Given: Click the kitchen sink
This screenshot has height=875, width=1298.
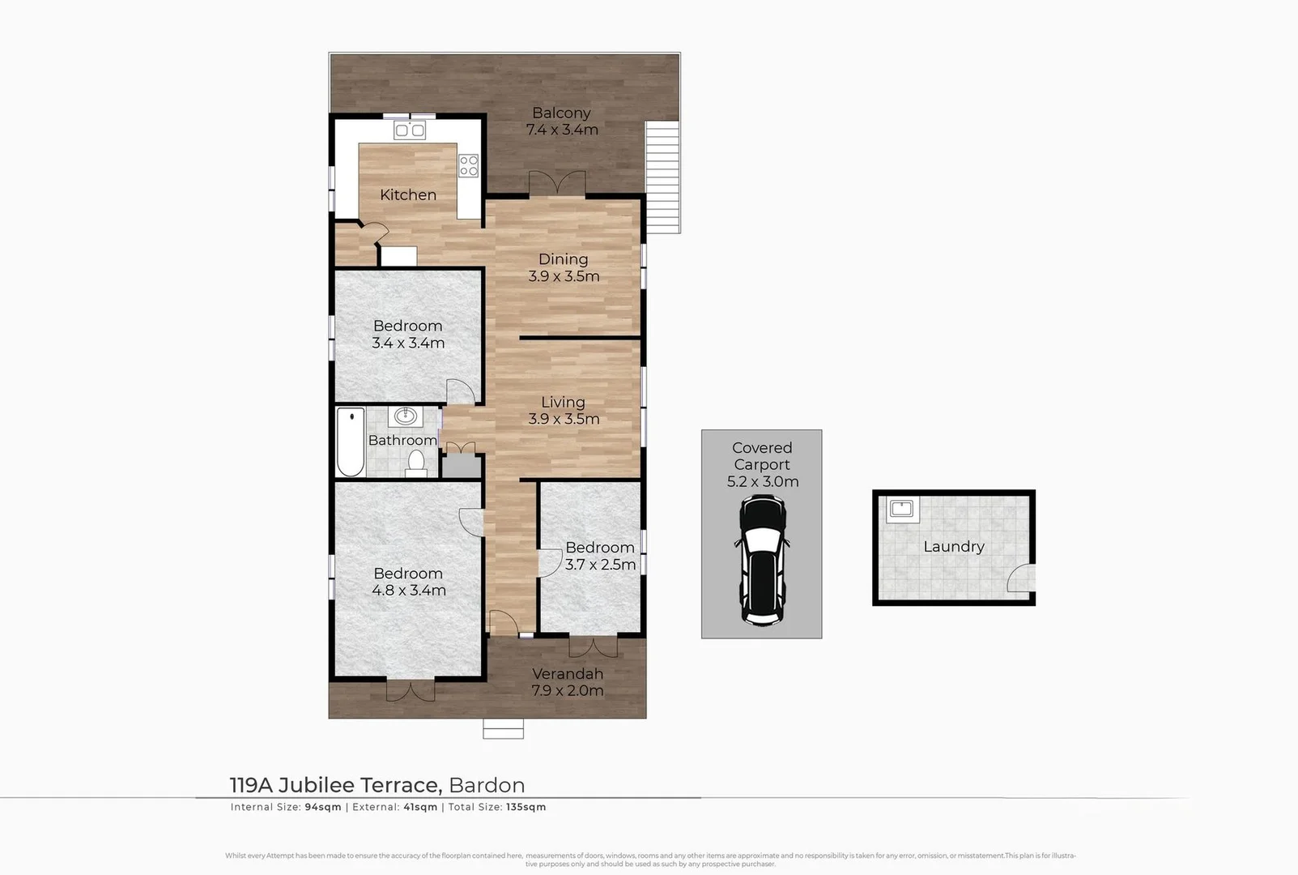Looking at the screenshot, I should click(x=409, y=130).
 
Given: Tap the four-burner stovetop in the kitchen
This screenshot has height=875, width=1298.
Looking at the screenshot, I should click(x=469, y=165).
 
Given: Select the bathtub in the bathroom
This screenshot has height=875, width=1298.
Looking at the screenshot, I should click(x=350, y=443).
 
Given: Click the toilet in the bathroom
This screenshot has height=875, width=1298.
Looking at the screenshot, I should click(x=416, y=463).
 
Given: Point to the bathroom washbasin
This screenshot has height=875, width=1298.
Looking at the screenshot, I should click(x=405, y=417).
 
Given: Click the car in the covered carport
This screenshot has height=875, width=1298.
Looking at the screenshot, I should click(x=762, y=561).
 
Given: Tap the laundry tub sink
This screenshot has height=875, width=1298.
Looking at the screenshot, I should click(x=901, y=509).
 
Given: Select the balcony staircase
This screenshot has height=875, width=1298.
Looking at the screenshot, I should click(x=662, y=177).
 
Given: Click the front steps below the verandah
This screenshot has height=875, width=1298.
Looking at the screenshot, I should click(x=503, y=728).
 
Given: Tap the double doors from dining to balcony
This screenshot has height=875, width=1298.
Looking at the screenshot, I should click(x=556, y=183).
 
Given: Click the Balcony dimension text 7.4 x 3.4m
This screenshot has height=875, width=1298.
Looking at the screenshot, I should click(x=562, y=130).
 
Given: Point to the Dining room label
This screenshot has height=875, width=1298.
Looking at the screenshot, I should click(x=564, y=259).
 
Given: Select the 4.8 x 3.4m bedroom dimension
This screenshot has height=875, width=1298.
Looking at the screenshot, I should click(x=409, y=591).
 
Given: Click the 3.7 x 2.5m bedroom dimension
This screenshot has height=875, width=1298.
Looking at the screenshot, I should click(x=600, y=565).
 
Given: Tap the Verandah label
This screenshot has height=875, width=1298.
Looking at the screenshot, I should click(x=568, y=673).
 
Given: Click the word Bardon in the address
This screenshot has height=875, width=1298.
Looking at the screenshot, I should click(x=487, y=785).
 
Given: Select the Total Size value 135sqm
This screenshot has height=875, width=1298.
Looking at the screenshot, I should click(x=526, y=807).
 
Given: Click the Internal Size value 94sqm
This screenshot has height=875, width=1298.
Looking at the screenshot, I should click(x=321, y=807).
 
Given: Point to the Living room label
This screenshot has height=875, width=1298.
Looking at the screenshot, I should click(x=563, y=402).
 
